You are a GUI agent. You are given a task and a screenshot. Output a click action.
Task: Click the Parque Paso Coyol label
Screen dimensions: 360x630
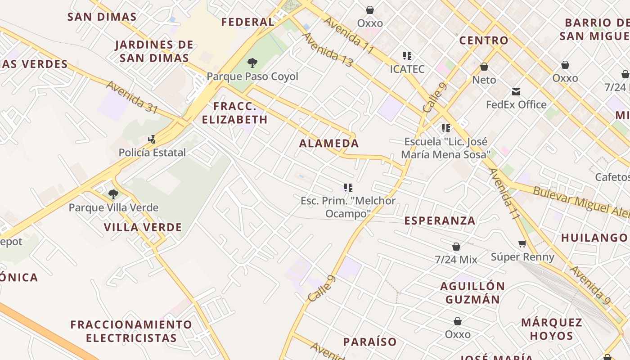[252, 76]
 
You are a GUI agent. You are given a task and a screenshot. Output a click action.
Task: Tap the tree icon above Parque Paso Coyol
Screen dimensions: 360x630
[252, 63]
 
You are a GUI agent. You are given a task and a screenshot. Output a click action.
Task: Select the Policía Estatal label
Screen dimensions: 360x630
[152, 153]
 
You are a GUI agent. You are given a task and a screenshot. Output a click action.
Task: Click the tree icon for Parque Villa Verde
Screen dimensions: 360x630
[113, 194]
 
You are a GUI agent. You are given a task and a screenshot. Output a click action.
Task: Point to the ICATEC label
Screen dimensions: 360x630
[407, 69]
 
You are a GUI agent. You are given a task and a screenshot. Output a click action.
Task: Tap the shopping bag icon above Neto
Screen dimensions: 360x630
[484, 67]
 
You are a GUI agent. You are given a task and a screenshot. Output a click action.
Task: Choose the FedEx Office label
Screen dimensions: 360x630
[516, 105]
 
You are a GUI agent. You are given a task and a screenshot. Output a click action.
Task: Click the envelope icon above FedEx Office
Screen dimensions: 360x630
[516, 92]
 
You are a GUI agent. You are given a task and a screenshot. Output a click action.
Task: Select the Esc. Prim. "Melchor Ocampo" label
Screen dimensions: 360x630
[348, 207]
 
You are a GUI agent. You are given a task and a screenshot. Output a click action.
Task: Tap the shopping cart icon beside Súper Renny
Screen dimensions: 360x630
[522, 244]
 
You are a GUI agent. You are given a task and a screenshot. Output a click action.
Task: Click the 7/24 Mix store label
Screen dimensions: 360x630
[456, 260]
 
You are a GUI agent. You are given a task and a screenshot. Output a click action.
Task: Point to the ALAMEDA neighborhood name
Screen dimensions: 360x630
[329, 144]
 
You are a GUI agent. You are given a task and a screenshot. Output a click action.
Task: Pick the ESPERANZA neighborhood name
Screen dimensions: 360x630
[440, 220]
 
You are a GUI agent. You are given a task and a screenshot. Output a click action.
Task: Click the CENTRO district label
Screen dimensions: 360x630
[484, 40]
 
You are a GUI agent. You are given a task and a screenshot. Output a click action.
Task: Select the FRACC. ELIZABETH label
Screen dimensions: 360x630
[235, 113]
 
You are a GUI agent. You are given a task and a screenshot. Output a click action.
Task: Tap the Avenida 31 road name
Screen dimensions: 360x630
[132, 97]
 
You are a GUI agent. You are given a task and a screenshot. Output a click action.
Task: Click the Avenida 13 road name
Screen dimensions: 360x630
[327, 50]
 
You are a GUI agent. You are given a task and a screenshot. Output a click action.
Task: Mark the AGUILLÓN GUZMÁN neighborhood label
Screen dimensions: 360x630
[472, 293]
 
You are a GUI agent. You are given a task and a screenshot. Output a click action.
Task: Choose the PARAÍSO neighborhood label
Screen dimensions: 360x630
[370, 342]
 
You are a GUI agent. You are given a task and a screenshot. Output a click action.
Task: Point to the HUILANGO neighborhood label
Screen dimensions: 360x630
[594, 238]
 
